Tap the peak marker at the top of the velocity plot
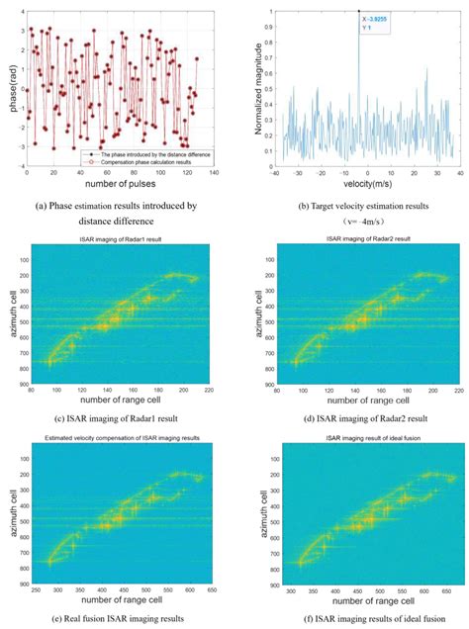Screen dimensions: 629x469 [x=358, y=11]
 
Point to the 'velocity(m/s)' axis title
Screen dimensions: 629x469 [x=368, y=185]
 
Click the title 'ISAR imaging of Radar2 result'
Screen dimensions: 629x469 [x=368, y=240]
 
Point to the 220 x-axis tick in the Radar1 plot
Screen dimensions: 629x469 [x=209, y=393]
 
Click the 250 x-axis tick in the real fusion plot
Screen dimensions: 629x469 [x=41, y=591]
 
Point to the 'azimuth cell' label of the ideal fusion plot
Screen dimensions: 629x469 [x=255, y=514]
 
